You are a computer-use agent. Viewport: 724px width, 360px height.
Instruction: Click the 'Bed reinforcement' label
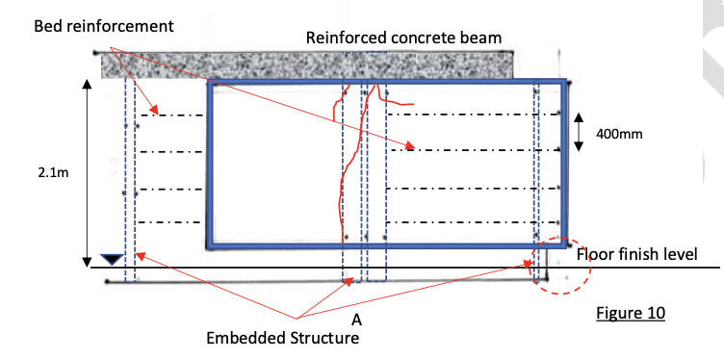click(104, 26)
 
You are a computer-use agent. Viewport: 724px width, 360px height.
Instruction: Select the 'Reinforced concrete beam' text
click(403, 39)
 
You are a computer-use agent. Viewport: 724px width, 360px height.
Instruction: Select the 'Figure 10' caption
click(631, 314)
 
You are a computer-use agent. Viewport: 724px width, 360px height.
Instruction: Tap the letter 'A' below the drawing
click(356, 319)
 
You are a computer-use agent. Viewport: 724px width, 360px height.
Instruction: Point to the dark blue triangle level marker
click(112, 258)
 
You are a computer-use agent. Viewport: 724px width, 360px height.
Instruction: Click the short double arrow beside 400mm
click(579, 132)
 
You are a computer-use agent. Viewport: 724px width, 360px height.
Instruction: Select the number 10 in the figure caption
click(655, 314)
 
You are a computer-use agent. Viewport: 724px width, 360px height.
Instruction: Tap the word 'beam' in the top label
click(484, 39)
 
